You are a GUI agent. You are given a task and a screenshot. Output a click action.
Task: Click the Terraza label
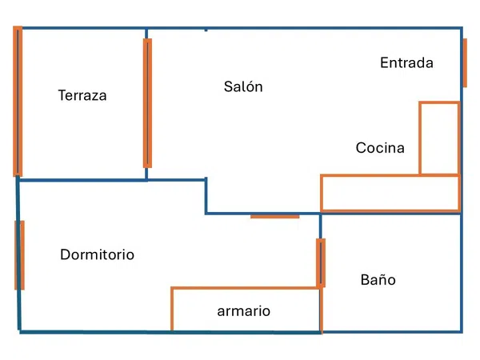click(x=82, y=95)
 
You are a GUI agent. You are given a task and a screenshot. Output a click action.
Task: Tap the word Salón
click(x=243, y=86)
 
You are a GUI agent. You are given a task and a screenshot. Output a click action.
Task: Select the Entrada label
click(x=406, y=62)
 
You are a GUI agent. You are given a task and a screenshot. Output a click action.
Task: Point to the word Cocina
click(x=380, y=147)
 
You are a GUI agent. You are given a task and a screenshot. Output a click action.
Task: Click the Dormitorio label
click(x=97, y=254)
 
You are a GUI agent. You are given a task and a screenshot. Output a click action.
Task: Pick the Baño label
click(x=378, y=279)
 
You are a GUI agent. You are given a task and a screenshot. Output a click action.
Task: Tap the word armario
click(x=244, y=311)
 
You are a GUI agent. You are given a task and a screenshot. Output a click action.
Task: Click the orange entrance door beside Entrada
click(x=465, y=62)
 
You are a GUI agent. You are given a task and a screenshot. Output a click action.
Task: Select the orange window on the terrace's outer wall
click(x=18, y=102)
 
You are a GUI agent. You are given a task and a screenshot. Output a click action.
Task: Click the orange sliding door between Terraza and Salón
click(x=147, y=103)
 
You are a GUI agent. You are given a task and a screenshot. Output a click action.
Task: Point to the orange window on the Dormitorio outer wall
click(x=19, y=255)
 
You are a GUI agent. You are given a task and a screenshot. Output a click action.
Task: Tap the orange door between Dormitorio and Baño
click(x=321, y=263)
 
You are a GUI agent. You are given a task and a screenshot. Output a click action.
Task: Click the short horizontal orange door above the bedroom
click(x=275, y=217)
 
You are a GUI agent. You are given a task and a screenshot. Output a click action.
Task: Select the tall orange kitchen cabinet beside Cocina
click(x=420, y=138)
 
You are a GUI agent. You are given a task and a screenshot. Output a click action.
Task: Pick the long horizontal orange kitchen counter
click(x=322, y=193)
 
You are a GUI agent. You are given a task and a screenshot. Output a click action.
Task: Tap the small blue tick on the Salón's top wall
click(x=206, y=30)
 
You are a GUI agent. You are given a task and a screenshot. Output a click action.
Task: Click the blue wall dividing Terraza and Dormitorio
click(x=82, y=180)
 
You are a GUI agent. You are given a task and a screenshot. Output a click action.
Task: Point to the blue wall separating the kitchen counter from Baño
click(x=390, y=214)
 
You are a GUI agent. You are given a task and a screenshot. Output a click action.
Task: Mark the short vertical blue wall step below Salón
click(x=206, y=196)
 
